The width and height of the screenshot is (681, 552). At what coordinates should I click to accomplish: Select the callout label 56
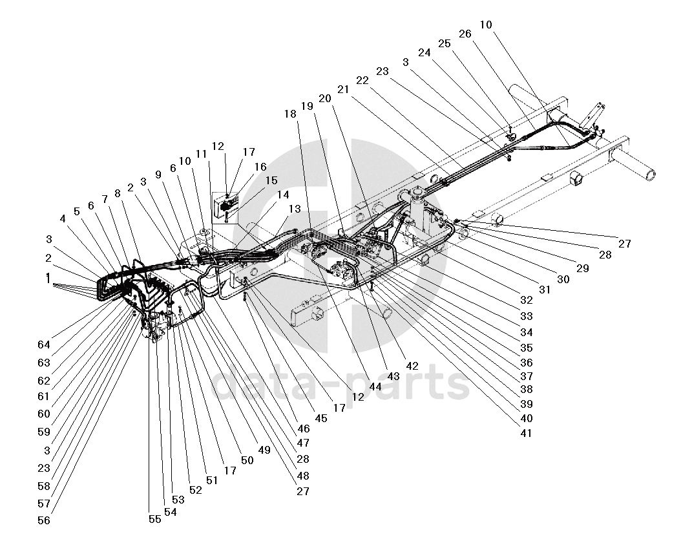coord(44,520)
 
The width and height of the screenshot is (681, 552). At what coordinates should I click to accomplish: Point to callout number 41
coord(526,433)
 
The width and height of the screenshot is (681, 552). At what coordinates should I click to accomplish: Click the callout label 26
coord(465,34)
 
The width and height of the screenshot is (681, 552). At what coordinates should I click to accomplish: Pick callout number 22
coord(362,80)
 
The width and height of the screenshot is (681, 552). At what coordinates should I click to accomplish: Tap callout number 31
coord(545,290)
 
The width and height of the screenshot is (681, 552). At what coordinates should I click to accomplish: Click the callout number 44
coord(375,386)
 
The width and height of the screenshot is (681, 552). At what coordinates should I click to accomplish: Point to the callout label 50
coord(246,460)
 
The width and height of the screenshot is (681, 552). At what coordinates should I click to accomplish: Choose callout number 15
coord(271,180)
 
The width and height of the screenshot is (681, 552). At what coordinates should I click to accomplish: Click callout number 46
coord(303,428)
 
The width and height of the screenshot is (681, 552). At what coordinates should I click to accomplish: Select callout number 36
coord(527,363)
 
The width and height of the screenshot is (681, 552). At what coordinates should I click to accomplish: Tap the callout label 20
coord(324,98)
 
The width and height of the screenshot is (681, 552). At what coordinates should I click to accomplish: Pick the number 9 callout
coord(158,175)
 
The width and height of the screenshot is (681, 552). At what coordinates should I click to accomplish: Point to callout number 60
coord(44,413)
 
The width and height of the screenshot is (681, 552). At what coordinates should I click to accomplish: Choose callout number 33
coord(527,317)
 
